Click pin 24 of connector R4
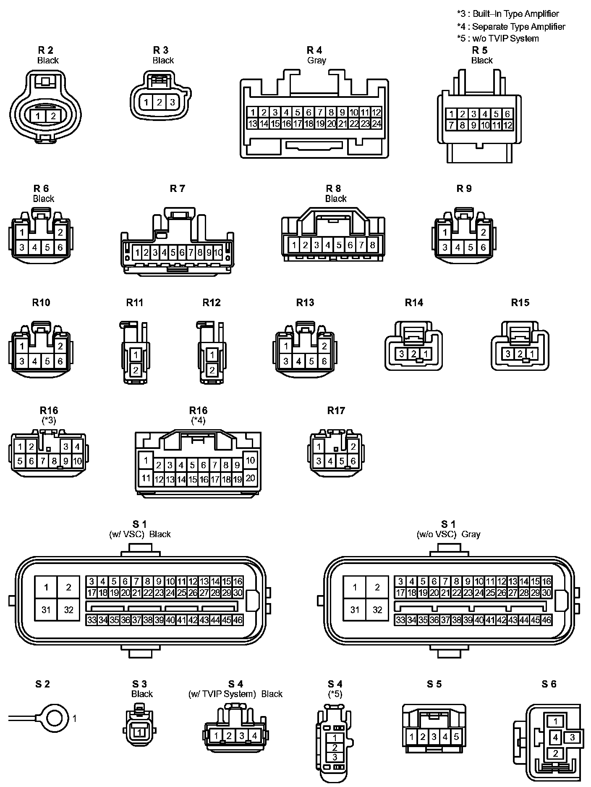click(376, 123)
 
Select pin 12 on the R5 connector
click(507, 125)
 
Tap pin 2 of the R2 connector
click(53, 116)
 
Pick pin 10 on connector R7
click(218, 253)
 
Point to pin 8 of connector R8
click(372, 245)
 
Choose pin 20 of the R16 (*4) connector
click(250, 478)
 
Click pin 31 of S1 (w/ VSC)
click(46, 610)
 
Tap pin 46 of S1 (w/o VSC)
click(546, 620)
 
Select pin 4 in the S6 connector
click(555, 737)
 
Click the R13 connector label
click(305, 302)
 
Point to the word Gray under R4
click(316, 60)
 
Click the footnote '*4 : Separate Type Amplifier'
click(511, 26)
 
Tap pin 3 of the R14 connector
click(402, 354)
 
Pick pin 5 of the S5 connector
click(456, 737)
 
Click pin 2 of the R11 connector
click(136, 370)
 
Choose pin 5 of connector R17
click(342, 462)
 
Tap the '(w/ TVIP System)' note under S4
click(222, 694)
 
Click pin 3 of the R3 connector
click(172, 102)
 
